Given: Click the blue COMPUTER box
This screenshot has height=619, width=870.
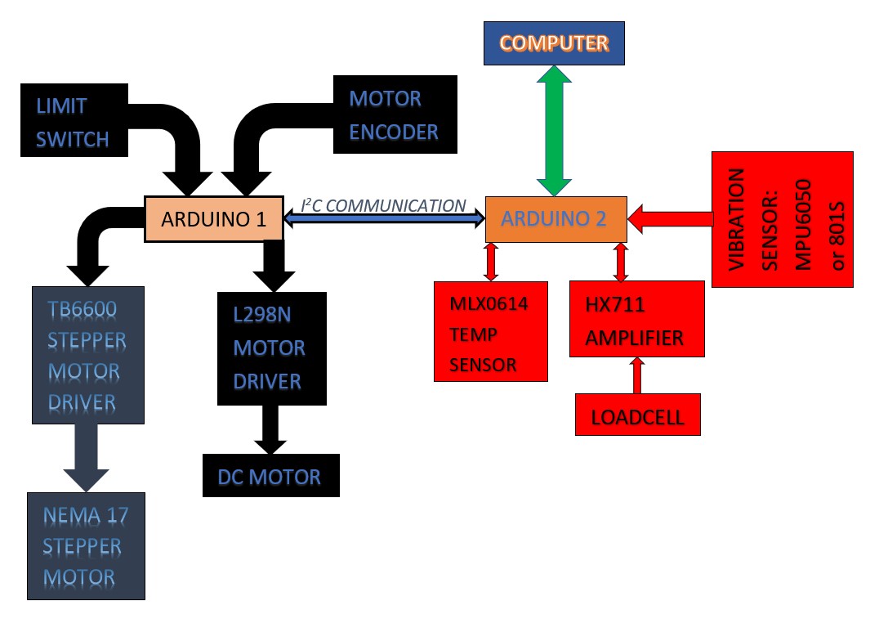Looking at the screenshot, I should pos(554,43).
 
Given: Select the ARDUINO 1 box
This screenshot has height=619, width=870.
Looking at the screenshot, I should pos(213,219).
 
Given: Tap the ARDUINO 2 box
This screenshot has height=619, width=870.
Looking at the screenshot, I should pos(555,219).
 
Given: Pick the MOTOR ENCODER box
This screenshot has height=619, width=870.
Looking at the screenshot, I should pos(395,115).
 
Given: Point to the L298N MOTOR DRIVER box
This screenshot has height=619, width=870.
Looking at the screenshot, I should pos(271,348).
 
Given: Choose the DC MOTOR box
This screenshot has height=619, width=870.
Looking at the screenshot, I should pos(270,476).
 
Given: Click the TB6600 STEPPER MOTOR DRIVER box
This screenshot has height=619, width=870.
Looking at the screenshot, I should pos(87,355).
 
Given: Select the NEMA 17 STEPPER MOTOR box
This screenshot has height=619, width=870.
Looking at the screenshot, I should pos(86,546).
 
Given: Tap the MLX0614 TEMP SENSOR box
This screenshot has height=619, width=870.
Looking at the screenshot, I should pos(490,330).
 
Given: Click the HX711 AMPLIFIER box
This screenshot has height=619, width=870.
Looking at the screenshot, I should pos(636,319).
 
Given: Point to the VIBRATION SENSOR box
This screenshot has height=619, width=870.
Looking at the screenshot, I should pos(782,219).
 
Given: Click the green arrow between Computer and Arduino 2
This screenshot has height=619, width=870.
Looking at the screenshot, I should pos(555,131).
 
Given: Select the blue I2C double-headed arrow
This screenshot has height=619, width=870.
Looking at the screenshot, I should pos(384,220).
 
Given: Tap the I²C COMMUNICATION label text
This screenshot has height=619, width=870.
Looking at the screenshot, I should pos(384,204).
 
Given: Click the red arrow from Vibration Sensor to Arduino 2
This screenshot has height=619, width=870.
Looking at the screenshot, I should pos(670,218).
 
